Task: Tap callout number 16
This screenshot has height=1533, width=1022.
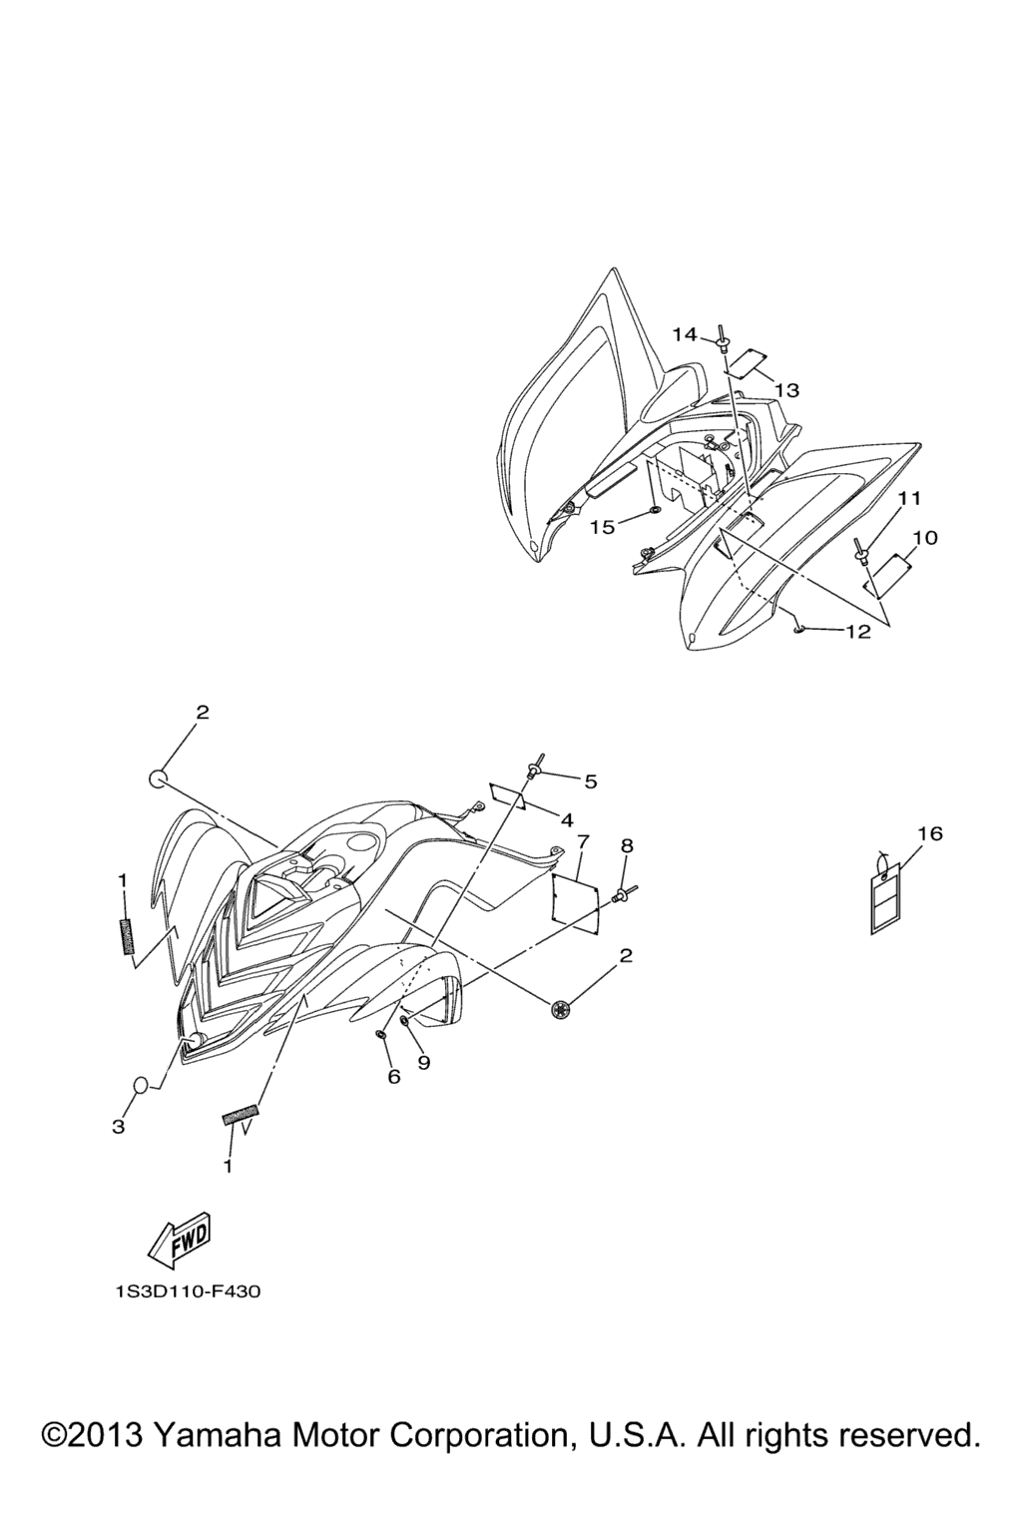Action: [931, 834]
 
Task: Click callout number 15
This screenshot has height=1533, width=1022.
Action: [603, 528]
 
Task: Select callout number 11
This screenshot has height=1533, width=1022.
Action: [910, 498]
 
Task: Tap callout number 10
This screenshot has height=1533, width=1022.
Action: [925, 537]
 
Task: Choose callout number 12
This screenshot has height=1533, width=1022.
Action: [858, 632]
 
